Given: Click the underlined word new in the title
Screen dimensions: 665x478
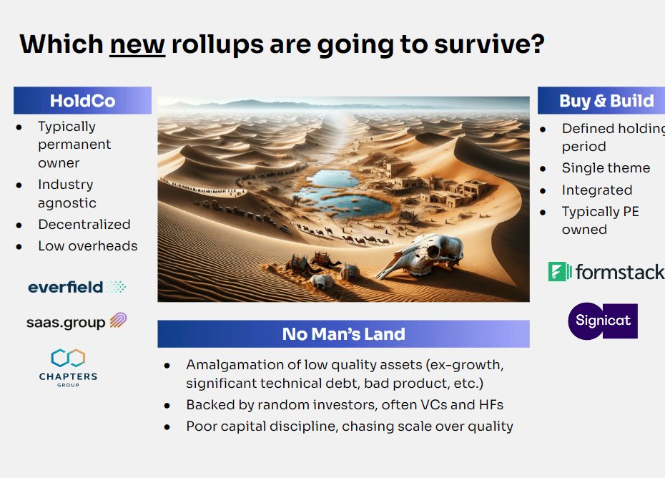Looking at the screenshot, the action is tap(137, 44).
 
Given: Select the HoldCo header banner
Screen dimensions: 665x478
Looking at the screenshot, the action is tap(82, 101).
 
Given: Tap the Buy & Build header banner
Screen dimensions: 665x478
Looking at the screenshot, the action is tap(601, 101).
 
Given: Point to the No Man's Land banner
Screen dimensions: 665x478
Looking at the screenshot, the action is tap(343, 334).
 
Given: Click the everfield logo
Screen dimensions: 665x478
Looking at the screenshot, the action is tap(77, 288).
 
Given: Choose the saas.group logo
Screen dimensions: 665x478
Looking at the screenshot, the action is tap(77, 321).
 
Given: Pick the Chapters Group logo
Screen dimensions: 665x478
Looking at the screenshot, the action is tap(68, 368).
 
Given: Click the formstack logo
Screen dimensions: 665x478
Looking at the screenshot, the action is tap(606, 272).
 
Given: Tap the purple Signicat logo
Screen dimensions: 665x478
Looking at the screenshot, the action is tap(603, 321).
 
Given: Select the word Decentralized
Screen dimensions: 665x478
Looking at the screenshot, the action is tap(84, 225).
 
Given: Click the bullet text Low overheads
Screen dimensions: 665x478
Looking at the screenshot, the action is tap(88, 246).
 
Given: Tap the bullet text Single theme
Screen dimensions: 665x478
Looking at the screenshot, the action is tap(606, 168).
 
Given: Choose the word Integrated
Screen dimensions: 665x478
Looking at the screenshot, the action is tap(597, 190).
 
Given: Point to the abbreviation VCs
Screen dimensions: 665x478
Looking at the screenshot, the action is tap(433, 405).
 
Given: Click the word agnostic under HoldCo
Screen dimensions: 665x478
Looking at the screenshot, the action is tap(67, 203).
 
